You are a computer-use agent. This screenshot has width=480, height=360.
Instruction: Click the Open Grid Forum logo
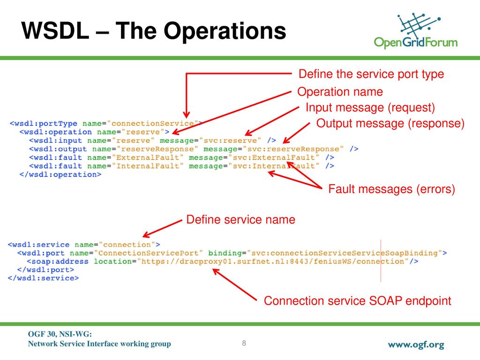(416, 30)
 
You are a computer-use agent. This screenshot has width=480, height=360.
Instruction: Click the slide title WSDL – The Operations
(154, 30)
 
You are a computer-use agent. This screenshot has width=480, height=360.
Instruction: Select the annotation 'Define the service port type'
(371, 74)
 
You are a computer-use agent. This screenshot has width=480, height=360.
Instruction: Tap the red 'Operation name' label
(340, 91)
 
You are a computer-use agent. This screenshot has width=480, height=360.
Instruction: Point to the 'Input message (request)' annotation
(370, 107)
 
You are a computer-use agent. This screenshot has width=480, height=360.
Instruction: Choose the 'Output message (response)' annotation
(390, 123)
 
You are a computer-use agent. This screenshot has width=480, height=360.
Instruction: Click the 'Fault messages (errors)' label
(391, 189)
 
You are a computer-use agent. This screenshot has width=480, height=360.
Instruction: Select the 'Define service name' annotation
(240, 219)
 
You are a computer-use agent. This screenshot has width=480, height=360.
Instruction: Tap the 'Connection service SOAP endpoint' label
(358, 300)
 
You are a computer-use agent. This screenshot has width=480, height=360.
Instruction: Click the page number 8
(244, 343)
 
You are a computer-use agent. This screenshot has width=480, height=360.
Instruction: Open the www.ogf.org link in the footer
(416, 345)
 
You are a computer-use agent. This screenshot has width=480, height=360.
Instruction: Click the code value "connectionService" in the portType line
(152, 123)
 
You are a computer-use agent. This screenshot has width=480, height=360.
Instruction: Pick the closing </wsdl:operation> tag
(60, 174)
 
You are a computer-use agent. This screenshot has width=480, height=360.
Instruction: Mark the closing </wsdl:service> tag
(43, 278)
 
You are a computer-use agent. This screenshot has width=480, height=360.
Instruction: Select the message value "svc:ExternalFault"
(274, 157)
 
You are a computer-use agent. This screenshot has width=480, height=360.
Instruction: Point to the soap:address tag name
(58, 262)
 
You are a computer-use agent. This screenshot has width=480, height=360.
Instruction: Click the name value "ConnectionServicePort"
(149, 253)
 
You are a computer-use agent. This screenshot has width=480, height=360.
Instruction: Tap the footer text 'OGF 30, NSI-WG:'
(60, 334)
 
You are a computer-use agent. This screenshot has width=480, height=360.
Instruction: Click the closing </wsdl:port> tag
(45, 270)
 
